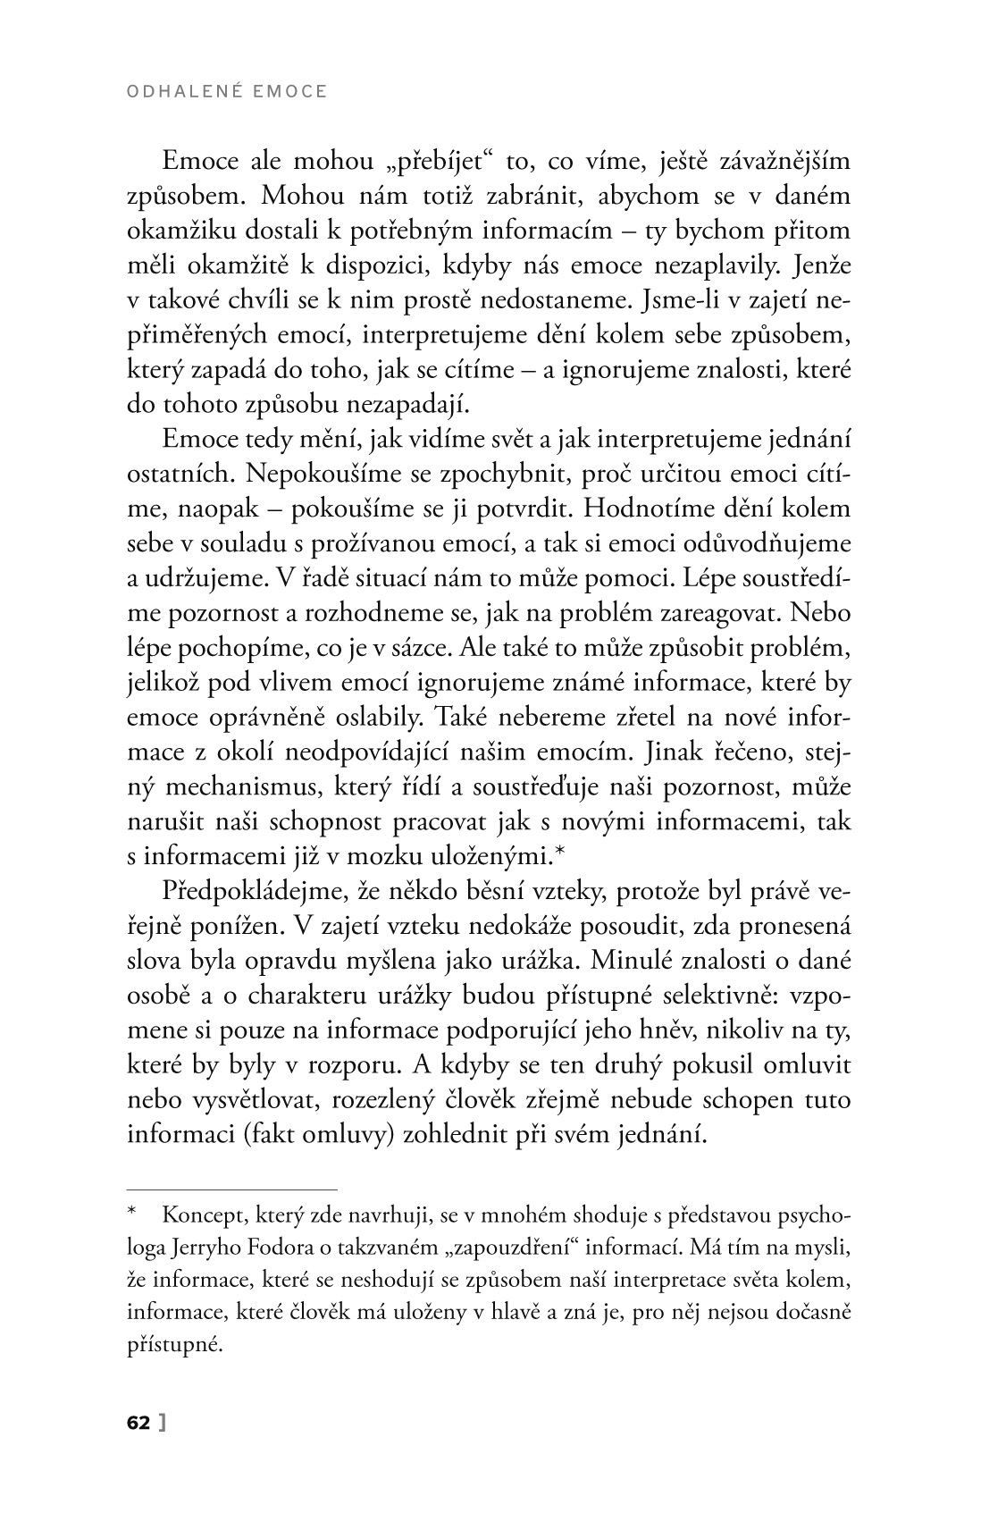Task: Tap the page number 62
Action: click(x=139, y=1424)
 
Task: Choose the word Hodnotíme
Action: click(x=654, y=509)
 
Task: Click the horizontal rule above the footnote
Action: click(x=231, y=1189)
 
